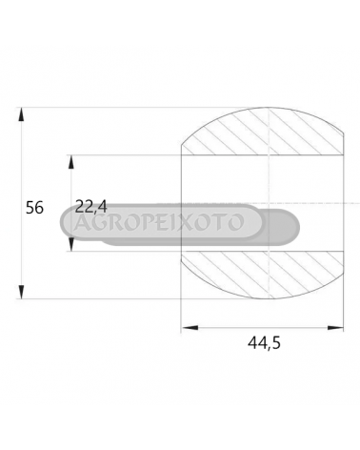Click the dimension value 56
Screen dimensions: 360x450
tap(34, 208)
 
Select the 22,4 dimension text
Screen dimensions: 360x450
tap(91, 207)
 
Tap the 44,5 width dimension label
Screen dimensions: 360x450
tap(264, 343)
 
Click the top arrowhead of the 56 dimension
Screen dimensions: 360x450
tap(21, 114)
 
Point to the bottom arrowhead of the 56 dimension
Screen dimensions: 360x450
tap(21, 292)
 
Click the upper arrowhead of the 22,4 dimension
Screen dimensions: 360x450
tap(71, 162)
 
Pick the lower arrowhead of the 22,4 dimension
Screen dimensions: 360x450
tap(71, 245)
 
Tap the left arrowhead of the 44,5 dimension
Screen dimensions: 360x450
tap(190, 328)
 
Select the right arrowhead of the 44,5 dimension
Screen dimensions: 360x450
tap(335, 328)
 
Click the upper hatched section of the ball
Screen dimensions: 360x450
tap(264, 133)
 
